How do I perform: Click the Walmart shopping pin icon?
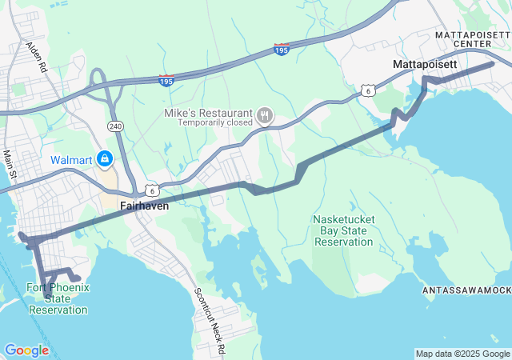click(x=105, y=159)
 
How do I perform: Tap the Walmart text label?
click(x=72, y=160)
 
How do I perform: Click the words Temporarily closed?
click(x=214, y=123)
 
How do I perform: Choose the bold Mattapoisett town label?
click(x=425, y=63)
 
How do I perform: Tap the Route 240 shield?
click(x=114, y=126)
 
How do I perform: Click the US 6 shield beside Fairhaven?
click(x=152, y=190)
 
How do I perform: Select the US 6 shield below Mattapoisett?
click(x=367, y=90)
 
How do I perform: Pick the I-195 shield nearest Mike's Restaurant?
click(x=281, y=50)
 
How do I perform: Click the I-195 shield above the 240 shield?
click(x=166, y=80)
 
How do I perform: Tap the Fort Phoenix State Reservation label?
click(x=58, y=298)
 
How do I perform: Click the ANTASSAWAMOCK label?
click(x=467, y=290)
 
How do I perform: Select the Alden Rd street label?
click(x=38, y=58)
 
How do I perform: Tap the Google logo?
click(x=26, y=350)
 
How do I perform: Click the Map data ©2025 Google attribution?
click(x=462, y=354)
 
